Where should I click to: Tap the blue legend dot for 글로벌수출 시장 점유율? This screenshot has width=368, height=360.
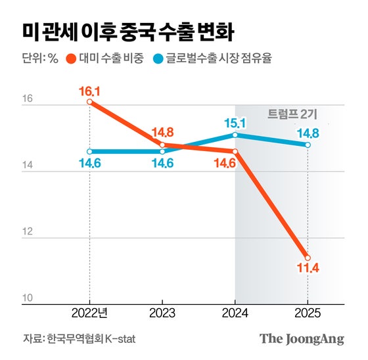coord(158,58)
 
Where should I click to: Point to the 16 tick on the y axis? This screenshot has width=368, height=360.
coord(28,99)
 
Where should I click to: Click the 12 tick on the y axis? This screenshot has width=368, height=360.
coord(28,232)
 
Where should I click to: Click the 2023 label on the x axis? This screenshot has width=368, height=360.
coord(162,313)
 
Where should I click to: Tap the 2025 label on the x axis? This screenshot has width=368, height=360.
coord(308,313)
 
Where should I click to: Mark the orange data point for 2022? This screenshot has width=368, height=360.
coord(89,102)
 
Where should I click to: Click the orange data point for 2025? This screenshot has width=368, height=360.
coord(308,258)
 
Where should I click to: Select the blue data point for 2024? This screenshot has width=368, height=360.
coord(235,135)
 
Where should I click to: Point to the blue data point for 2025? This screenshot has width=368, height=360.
coord(308,145)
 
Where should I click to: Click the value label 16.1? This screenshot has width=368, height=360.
coord(89,88)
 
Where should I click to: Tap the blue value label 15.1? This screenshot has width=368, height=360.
coord(235,122)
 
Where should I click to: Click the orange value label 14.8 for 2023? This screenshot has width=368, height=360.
coord(162,131)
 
